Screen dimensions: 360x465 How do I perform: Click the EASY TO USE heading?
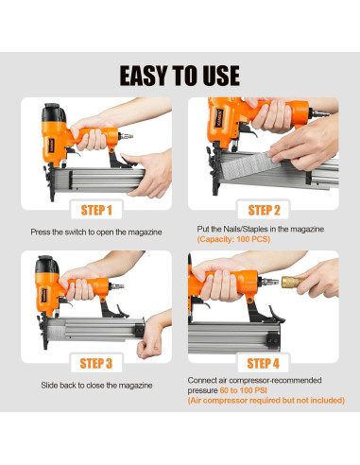coord(180,76)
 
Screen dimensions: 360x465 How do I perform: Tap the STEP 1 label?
coord(96,210)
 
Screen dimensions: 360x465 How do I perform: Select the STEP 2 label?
coord(264,210)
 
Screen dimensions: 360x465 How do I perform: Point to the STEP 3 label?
coord(96,363)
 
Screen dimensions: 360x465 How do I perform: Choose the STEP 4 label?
coord(264,363)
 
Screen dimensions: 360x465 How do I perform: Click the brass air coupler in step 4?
coord(293,282)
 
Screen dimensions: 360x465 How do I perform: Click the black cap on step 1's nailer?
coord(54,112)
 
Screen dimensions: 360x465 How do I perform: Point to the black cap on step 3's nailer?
coord(46,264)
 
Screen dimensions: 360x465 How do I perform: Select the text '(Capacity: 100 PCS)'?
coord(233,239)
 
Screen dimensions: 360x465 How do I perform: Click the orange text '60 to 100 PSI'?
coord(244,390)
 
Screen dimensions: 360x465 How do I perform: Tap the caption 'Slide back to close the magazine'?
coord(96,386)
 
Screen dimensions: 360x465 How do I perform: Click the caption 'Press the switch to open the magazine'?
coord(96,232)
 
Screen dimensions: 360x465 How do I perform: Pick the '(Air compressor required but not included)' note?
coord(266,401)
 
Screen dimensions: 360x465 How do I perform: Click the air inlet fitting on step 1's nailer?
coord(126,136)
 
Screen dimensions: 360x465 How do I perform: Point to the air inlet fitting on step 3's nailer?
coord(116,286)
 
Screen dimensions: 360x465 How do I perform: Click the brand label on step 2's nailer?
coord(219,118)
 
